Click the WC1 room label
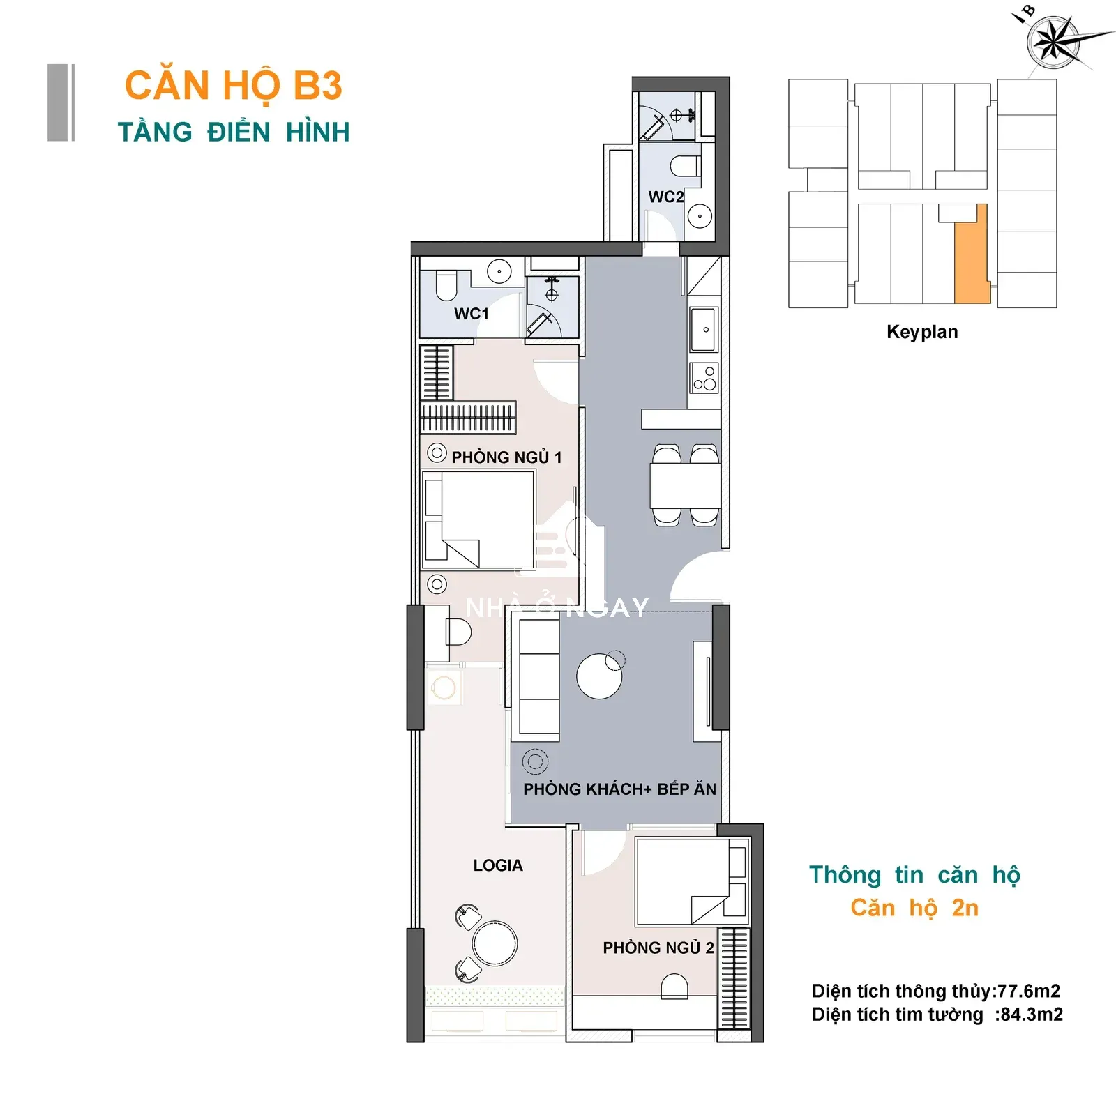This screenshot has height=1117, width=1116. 472,314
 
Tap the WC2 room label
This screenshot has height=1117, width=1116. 666,197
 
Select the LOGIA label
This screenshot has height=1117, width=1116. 498,865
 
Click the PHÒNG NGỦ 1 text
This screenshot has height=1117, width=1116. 506,457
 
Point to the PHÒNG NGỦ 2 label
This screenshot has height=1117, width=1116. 658,948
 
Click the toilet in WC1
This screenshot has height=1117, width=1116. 446,285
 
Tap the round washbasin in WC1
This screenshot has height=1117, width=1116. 499,271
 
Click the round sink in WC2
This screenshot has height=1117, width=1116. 700,216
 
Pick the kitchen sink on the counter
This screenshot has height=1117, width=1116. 704,330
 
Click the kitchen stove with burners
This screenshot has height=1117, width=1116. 704,379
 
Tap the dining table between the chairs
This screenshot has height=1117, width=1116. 685,486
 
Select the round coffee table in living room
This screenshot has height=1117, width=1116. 600,676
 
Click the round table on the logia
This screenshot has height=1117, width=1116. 495,943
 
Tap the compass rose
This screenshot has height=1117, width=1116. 1054,43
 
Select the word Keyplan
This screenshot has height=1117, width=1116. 922,332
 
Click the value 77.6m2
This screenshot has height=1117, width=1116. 1029,991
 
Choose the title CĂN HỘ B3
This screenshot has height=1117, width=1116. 234,86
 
